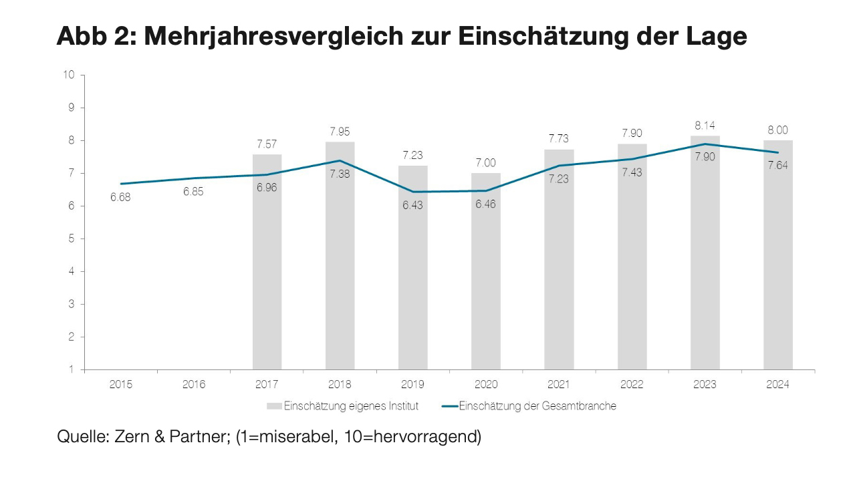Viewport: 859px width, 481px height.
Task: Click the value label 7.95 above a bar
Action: click(x=340, y=132)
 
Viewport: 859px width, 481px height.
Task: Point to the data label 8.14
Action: click(x=705, y=126)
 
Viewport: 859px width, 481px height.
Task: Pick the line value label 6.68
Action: click(x=121, y=198)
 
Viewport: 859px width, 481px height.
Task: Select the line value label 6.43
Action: click(x=412, y=206)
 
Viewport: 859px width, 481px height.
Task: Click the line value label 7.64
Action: click(x=777, y=166)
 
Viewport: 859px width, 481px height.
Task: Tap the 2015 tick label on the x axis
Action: click(x=121, y=385)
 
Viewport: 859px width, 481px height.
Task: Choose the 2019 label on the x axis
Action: click(x=412, y=385)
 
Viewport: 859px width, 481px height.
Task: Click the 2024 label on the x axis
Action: click(x=777, y=385)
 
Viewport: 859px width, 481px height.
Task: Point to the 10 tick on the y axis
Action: click(x=69, y=75)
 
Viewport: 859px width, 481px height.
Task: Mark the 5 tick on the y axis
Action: click(x=72, y=238)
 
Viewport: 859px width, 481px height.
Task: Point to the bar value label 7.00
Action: click(x=486, y=163)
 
